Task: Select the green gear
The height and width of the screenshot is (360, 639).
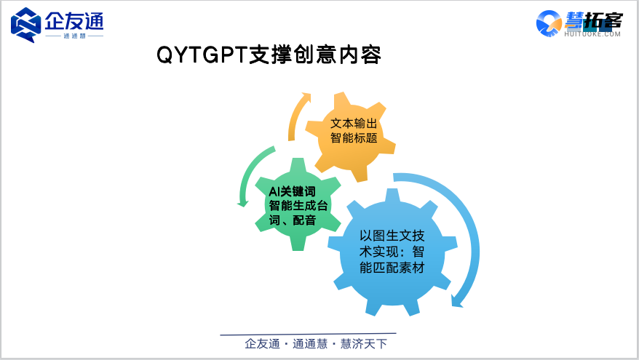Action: coord(298,204)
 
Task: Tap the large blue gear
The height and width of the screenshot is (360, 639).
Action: coord(392,252)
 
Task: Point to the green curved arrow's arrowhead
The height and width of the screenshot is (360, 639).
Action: coord(243,203)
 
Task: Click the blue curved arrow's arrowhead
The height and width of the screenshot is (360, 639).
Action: coord(457,301)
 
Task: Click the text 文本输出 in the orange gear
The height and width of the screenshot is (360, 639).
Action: coord(354,123)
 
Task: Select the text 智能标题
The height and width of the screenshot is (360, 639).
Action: coord(354,138)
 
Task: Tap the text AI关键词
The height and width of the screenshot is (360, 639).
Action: coord(292,191)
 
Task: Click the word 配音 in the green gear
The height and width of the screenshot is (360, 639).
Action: coord(304,220)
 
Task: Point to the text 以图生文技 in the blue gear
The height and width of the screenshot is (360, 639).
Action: coord(392,236)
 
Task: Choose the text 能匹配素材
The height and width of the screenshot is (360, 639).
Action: coord(392,268)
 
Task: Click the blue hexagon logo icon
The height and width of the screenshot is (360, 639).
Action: coord(25,25)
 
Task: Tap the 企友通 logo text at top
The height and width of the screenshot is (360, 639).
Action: coord(74,21)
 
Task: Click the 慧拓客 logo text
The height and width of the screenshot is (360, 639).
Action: coord(593,21)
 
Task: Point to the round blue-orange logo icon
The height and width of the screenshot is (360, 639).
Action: coord(549,23)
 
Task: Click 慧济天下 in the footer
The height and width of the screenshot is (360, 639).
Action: coord(363,344)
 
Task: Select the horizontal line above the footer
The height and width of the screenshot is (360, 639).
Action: coord(308,334)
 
